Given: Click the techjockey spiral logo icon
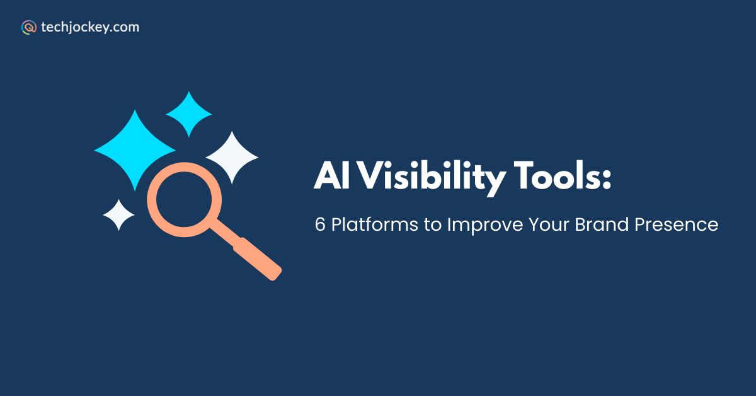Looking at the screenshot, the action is click(29, 27).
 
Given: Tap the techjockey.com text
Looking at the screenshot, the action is click(90, 27).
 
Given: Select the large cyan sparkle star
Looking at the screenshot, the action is click(135, 150).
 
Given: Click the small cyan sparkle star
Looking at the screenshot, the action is click(188, 114).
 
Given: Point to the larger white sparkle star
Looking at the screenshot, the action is click(232, 158).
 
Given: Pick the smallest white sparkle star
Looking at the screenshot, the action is click(118, 215).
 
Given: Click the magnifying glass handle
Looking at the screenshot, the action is click(258, 259).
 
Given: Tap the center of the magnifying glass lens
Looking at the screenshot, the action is click(184, 199).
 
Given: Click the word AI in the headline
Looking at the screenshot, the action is click(332, 175).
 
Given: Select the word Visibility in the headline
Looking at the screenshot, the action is click(432, 178).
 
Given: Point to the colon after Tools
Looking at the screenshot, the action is click(607, 178).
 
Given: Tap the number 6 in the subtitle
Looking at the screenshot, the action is click(320, 224).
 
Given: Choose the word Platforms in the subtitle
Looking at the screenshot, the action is click(375, 224).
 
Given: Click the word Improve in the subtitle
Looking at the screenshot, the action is click(485, 225).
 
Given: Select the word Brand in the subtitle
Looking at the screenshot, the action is click(602, 224).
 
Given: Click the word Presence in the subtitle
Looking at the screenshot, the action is click(677, 224).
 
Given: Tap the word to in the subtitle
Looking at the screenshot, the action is click(433, 225).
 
